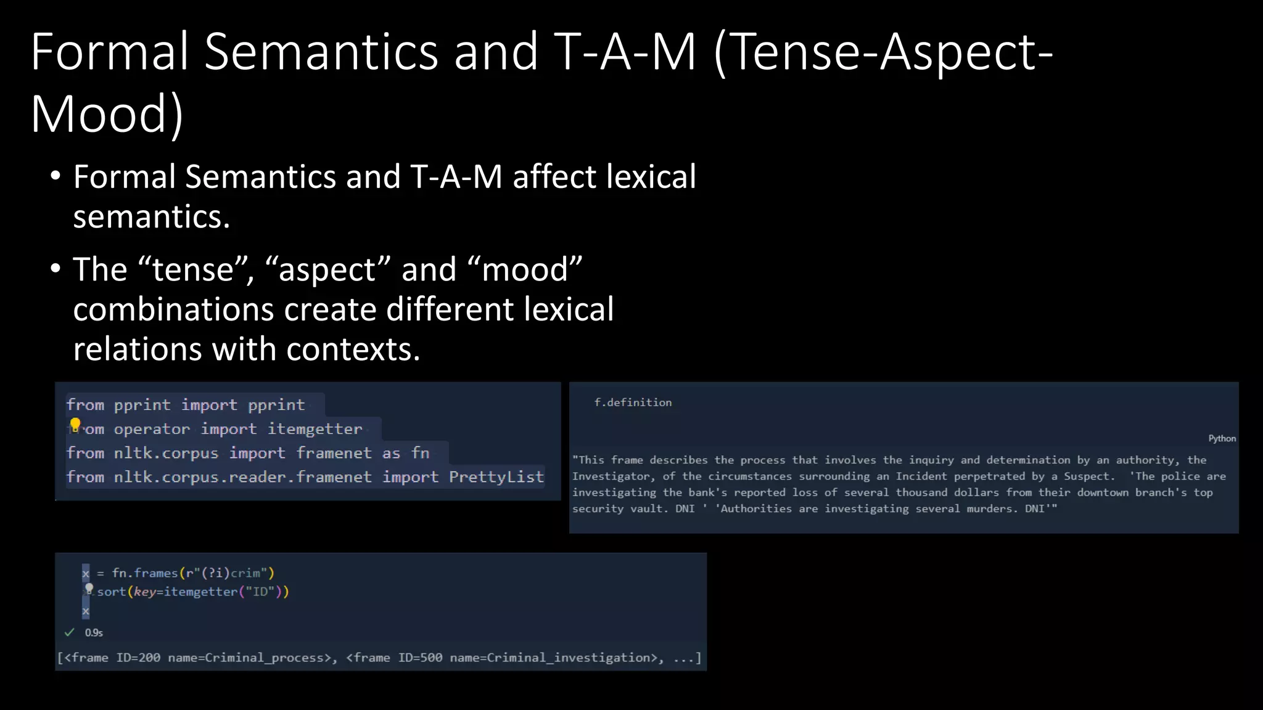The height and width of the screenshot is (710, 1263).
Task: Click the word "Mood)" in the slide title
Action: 107,114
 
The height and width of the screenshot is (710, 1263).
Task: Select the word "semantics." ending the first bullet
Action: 152,217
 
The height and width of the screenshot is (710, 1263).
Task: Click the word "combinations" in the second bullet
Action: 173,309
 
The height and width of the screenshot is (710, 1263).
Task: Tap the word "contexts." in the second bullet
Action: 353,349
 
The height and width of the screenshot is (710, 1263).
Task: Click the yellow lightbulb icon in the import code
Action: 75,425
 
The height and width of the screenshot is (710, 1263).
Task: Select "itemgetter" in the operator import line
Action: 315,429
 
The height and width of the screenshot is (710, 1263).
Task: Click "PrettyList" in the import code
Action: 496,477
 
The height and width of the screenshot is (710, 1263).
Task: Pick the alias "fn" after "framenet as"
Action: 421,453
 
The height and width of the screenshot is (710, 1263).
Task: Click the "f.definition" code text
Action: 633,402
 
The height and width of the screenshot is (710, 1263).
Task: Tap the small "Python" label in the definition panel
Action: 1222,438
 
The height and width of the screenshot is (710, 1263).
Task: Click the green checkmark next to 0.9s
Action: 70,632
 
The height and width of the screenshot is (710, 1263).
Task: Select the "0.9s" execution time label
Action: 94,633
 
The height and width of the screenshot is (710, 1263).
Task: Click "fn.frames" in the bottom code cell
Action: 145,573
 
